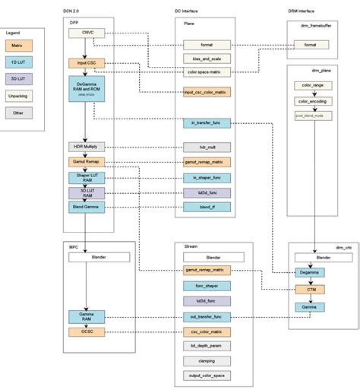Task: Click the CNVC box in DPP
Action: [87, 33]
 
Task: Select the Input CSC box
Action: [87, 62]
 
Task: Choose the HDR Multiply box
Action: [87, 147]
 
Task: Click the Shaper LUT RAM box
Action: [87, 178]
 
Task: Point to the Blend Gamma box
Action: [87, 207]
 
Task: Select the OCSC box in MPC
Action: [87, 331]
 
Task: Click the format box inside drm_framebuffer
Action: [310, 45]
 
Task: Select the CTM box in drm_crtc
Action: [310, 289]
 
